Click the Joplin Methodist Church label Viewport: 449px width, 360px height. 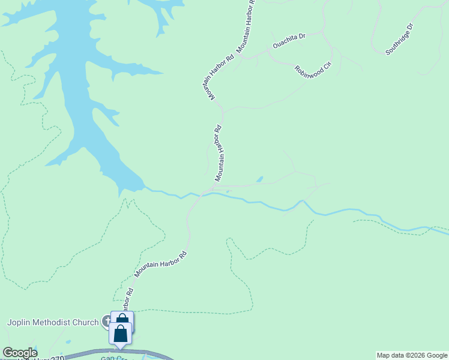coord(52,322)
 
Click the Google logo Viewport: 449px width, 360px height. coord(20,353)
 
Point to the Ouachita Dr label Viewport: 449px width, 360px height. coord(289,40)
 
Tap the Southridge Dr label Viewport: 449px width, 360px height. coord(400,40)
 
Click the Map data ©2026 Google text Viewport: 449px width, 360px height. coord(412,355)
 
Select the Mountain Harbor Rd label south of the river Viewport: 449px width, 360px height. coord(161,264)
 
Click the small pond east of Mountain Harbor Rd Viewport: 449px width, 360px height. coord(260,179)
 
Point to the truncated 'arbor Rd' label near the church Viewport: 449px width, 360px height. coord(127,299)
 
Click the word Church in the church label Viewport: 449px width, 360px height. coord(84,322)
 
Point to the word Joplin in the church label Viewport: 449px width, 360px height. coord(19,322)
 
